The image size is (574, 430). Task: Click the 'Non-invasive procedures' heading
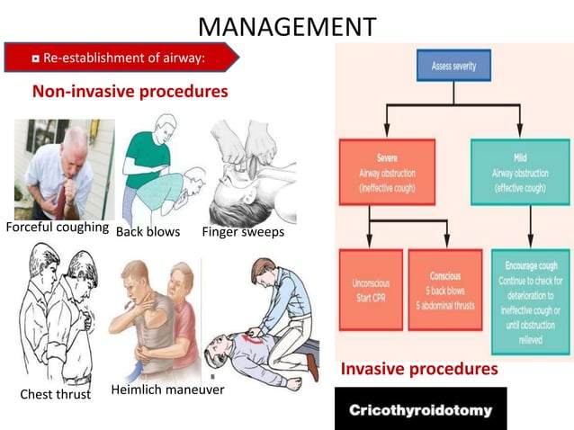click(130, 92)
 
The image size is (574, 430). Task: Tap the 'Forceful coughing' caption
click(58, 228)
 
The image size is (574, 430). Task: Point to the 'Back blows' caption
click(148, 232)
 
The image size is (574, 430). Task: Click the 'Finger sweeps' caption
click(243, 232)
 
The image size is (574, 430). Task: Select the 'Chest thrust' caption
click(55, 394)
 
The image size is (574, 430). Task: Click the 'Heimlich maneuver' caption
click(167, 390)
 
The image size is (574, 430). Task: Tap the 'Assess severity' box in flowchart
click(453, 66)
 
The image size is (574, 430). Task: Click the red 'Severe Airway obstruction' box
click(386, 171)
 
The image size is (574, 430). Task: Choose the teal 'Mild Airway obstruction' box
click(519, 171)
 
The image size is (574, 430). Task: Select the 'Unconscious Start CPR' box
click(370, 290)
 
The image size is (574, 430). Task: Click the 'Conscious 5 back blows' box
click(444, 290)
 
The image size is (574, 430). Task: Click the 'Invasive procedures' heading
click(418, 369)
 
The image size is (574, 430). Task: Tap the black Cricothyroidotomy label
click(420, 409)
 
